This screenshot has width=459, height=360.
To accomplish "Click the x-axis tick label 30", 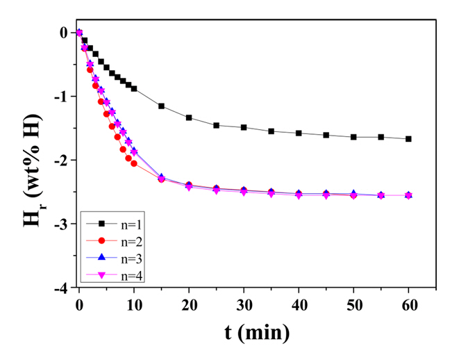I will [x=243, y=305].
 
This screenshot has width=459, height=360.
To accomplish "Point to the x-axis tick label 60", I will [x=408, y=305].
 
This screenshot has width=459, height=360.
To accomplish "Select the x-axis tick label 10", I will [x=133, y=305].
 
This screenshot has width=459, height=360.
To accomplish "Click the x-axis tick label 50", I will [x=353, y=305].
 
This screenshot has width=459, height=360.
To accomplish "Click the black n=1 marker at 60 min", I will [x=408, y=139].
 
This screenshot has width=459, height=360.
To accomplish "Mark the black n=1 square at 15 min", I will [x=161, y=106].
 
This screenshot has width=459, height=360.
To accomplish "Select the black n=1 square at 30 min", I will [x=244, y=127].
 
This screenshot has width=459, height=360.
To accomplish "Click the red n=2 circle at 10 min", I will [x=134, y=163].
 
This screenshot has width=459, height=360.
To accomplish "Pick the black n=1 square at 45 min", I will [x=326, y=135].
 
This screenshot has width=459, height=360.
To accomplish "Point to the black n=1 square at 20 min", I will [x=189, y=117].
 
